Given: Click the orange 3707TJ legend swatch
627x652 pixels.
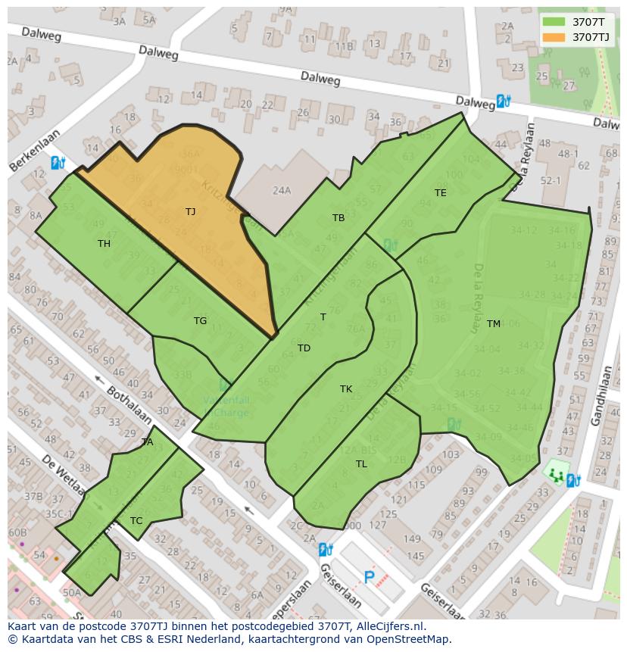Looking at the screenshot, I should (555, 36).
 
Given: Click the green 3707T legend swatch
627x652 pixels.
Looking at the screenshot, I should (555, 22).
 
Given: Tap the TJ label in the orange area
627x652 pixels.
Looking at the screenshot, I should (190, 211).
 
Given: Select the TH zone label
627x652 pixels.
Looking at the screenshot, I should (104, 243).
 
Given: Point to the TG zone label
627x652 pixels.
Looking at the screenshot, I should (200, 320).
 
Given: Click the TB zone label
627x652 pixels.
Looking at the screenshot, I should (338, 217).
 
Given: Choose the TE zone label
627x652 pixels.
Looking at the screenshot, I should (440, 192).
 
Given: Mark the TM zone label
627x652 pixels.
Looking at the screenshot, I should (493, 323).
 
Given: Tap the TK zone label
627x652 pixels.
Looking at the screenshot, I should (345, 388).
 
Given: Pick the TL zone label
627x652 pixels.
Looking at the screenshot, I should (361, 463).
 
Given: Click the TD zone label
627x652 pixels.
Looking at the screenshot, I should (304, 348).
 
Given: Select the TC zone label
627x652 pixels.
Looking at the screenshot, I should (136, 520).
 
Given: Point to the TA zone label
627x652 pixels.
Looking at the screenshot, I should (147, 441).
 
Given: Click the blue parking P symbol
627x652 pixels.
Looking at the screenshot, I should (369, 578).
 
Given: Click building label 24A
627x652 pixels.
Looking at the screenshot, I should (282, 190).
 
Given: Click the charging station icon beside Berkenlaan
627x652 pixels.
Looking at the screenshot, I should (58, 162).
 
